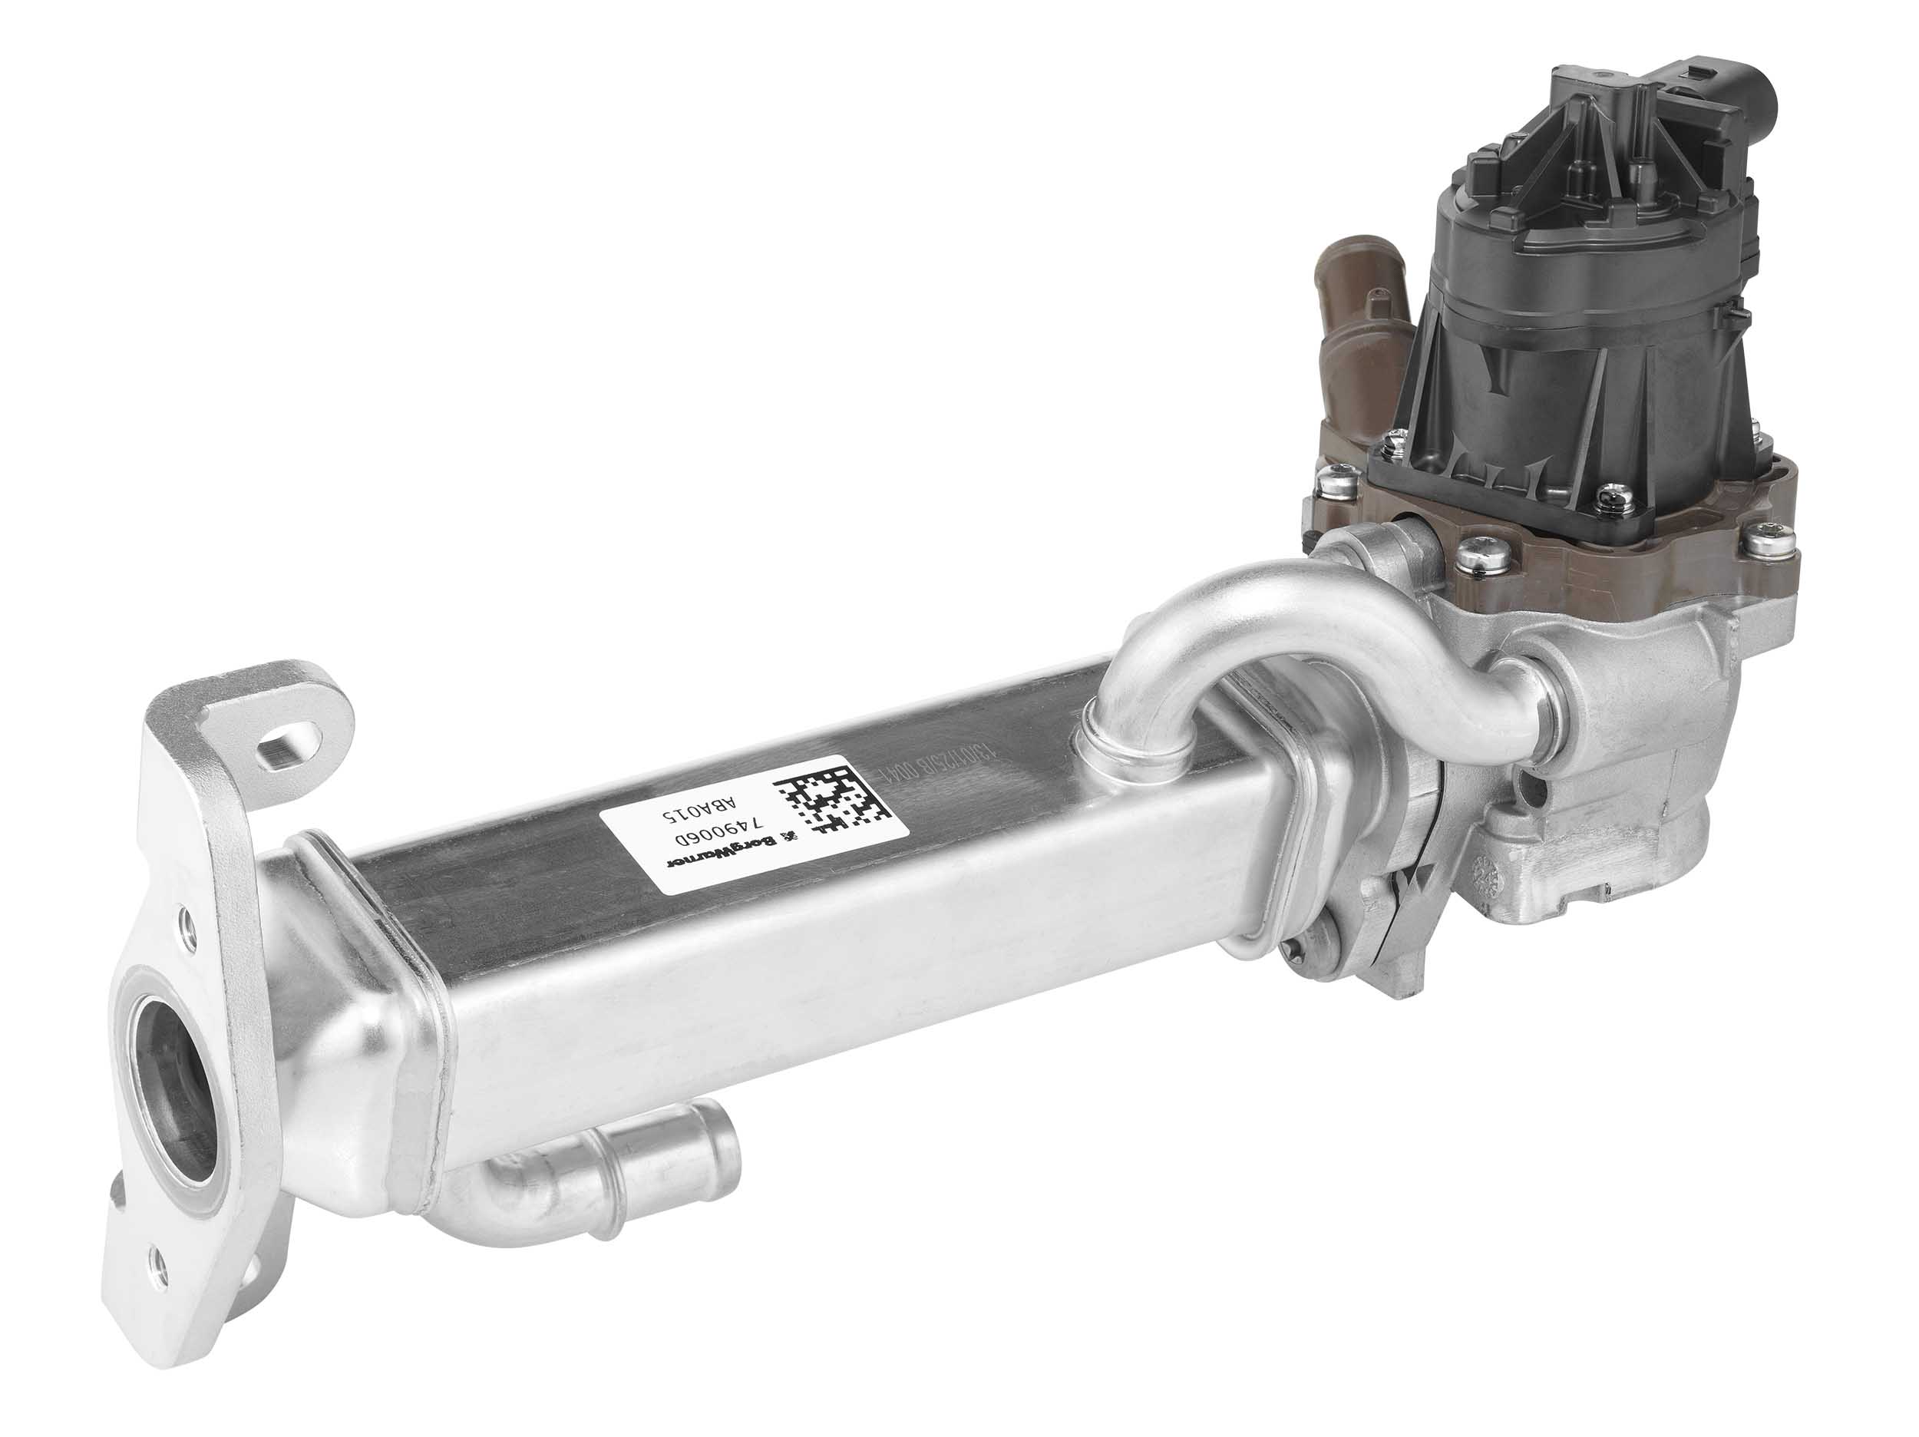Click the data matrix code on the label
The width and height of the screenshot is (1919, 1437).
pyautogui.click(x=831, y=798)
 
